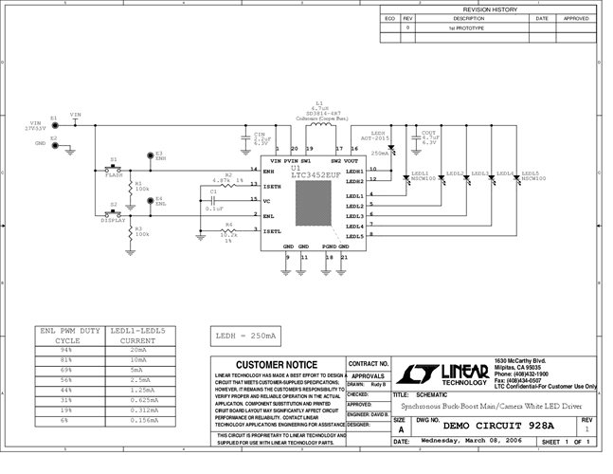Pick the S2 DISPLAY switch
(x=114, y=212)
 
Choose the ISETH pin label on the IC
(x=273, y=187)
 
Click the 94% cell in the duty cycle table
(x=65, y=350)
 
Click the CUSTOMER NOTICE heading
(x=275, y=364)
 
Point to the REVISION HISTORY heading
(x=489, y=9)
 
